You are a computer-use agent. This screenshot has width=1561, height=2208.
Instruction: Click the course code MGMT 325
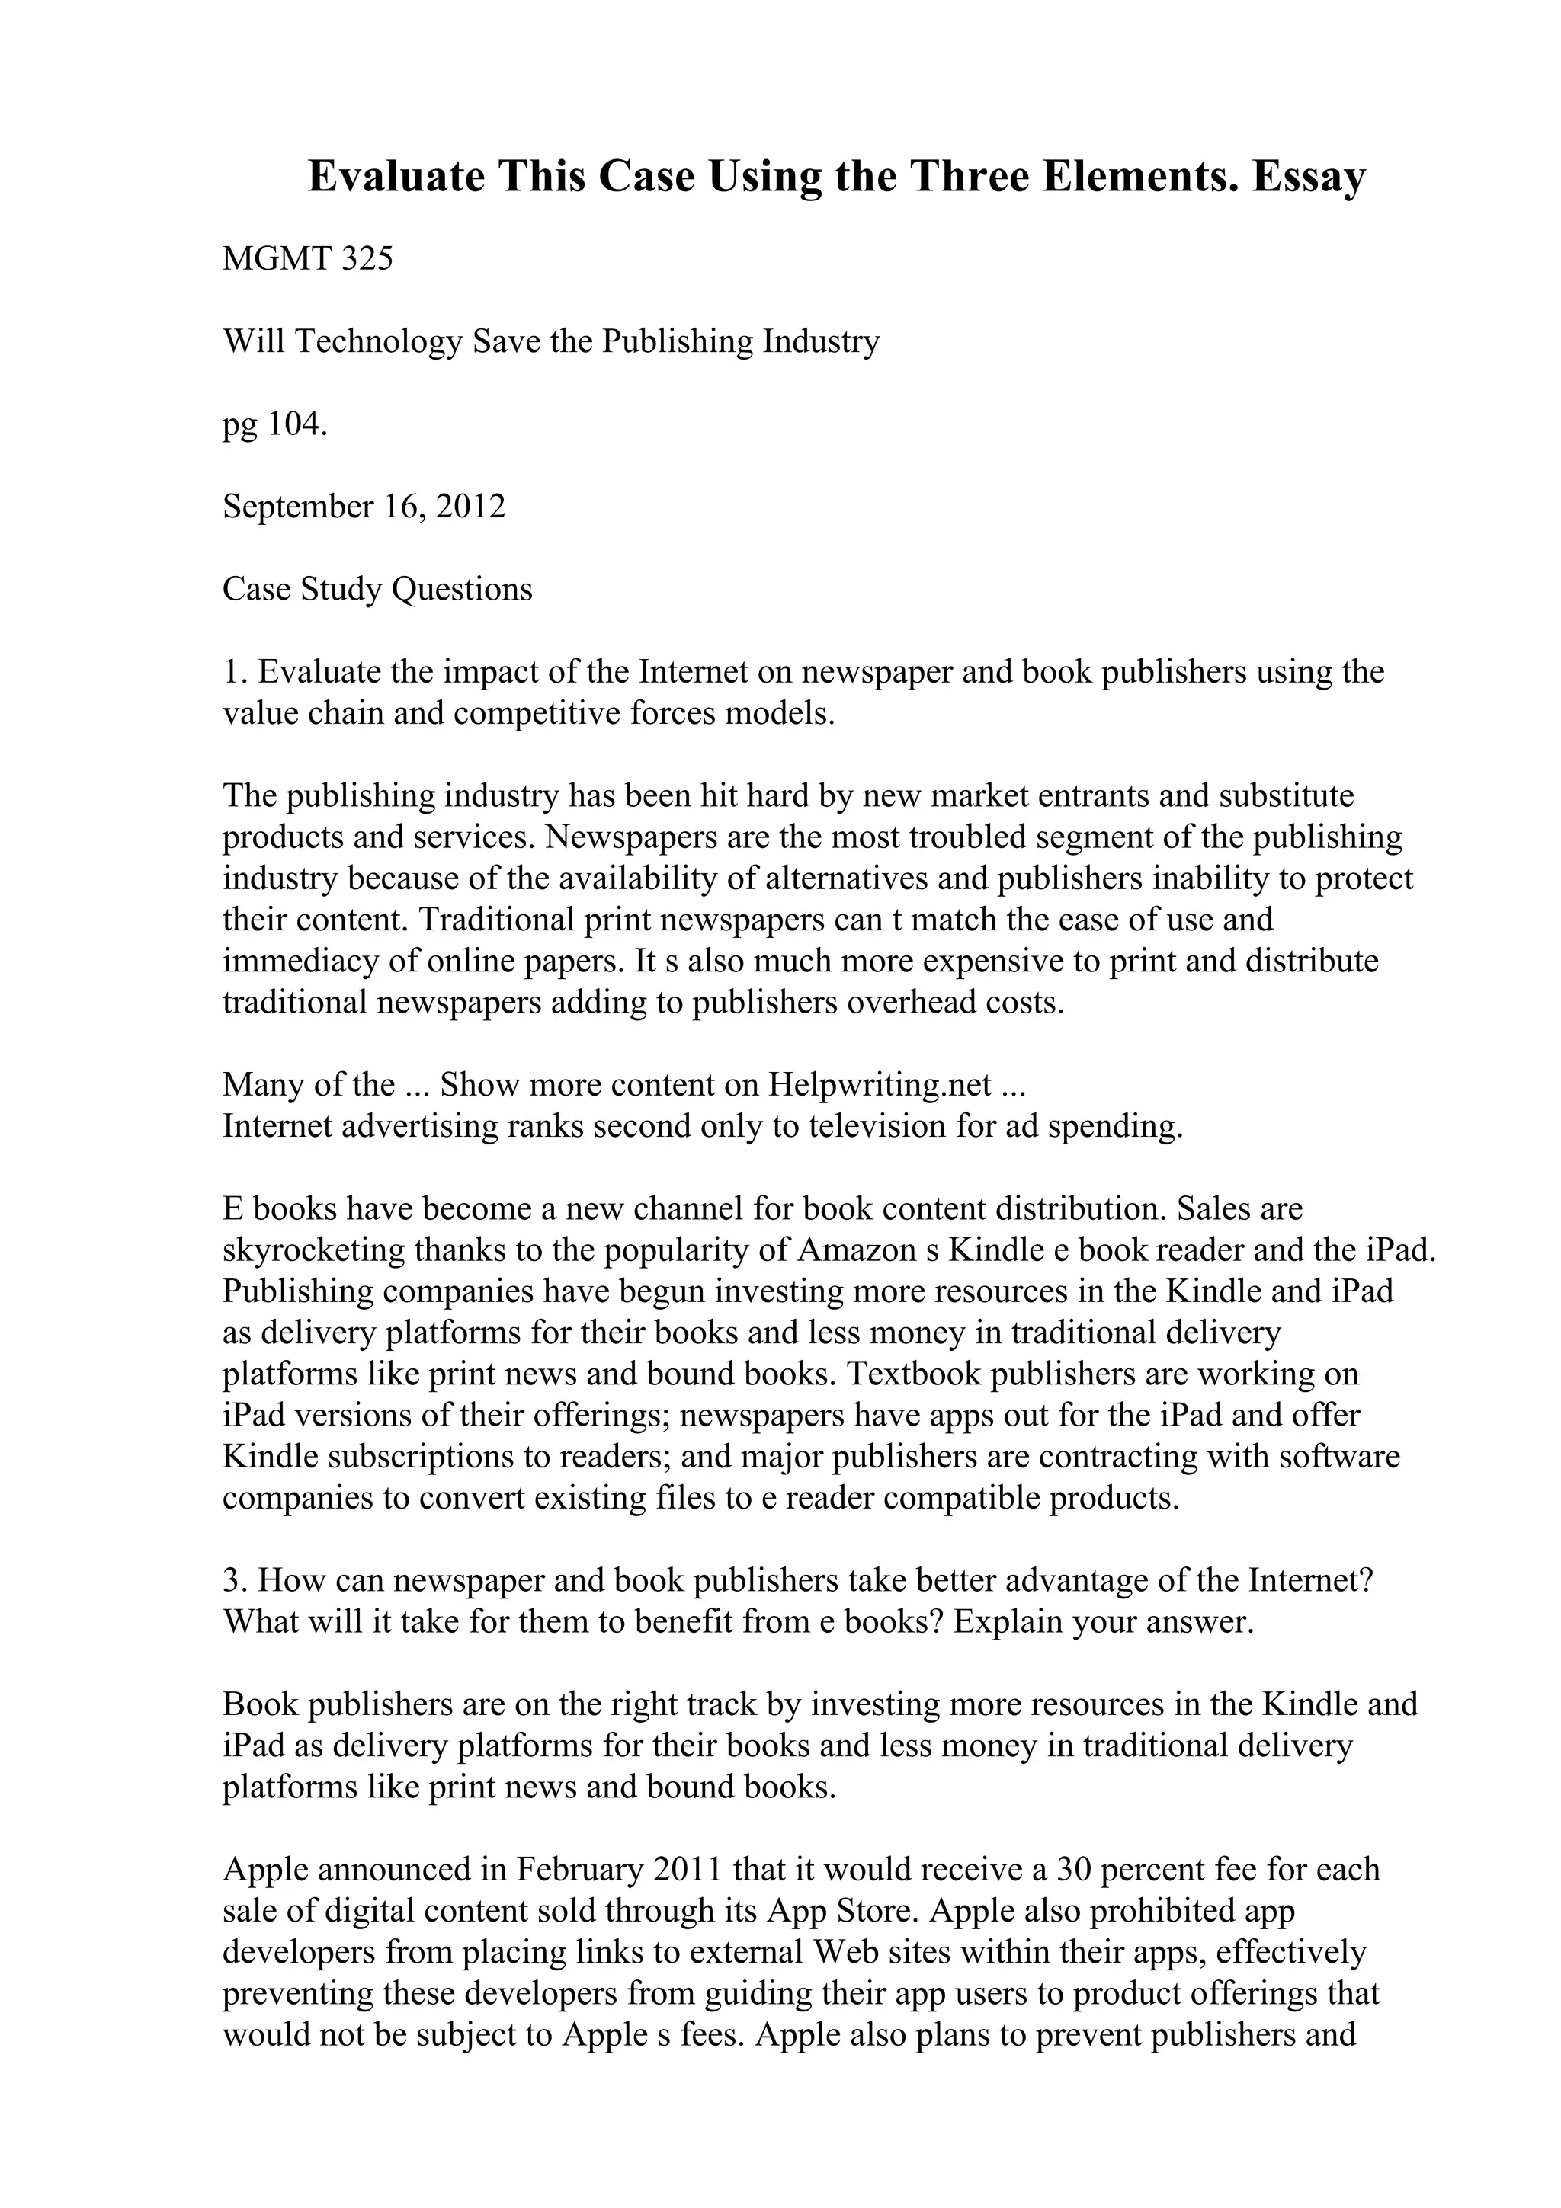[308, 259]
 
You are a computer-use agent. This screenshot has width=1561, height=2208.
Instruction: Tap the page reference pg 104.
[275, 424]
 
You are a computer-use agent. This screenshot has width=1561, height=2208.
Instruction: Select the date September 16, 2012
[364, 507]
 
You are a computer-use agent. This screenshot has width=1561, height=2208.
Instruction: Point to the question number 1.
[231, 671]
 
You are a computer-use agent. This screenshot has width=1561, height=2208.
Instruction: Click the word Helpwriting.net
[879, 1085]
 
